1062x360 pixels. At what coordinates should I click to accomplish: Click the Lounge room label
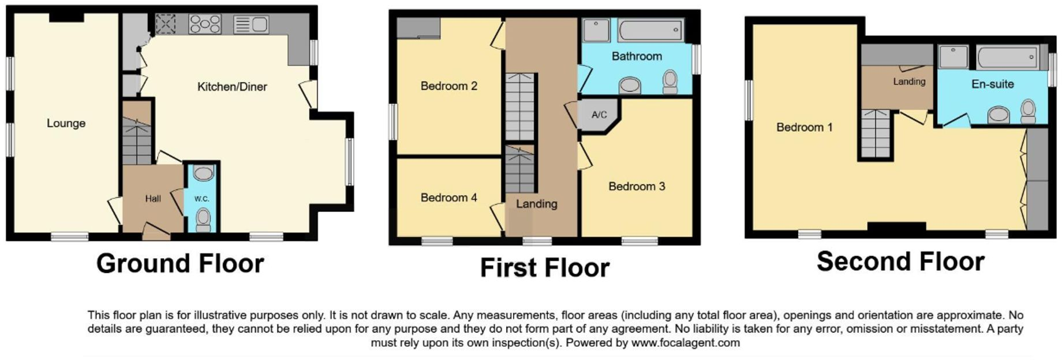coord(66,123)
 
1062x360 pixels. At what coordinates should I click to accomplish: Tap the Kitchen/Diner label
coord(232,87)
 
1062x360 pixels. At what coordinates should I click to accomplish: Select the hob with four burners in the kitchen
coord(205,24)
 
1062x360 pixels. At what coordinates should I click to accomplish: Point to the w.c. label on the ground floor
coord(201,198)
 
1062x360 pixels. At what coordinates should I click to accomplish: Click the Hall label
coord(153,198)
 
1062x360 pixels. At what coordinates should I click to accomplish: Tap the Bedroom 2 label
coord(448,86)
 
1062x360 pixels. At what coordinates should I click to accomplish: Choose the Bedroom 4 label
coord(448,197)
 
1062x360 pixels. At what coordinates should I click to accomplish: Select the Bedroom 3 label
coord(637,186)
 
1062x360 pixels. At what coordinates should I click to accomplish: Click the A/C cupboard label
coord(599,115)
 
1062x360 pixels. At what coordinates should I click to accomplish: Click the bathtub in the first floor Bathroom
coord(650,30)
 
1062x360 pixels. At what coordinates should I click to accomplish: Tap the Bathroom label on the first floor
coord(637,56)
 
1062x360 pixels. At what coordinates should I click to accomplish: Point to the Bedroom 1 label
coord(804,127)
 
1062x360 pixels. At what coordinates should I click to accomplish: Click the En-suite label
coord(992,84)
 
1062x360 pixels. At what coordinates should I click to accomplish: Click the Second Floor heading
coord(900,261)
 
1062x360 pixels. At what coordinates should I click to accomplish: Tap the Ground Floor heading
coord(180,263)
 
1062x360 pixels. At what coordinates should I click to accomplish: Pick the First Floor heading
coord(544,268)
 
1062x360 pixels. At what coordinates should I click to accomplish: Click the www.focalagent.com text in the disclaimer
coord(685,343)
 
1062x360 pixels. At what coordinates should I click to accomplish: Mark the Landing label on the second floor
coord(909,82)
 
